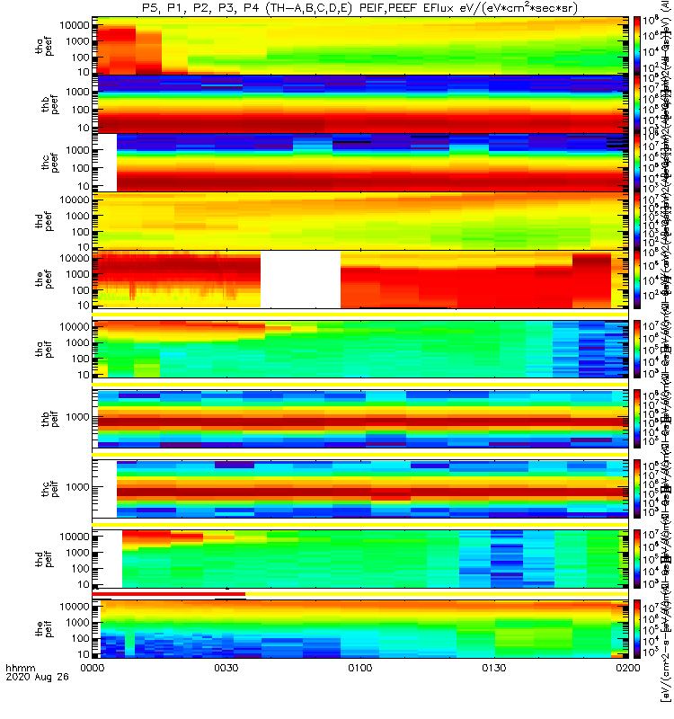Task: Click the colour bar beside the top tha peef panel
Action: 637,45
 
